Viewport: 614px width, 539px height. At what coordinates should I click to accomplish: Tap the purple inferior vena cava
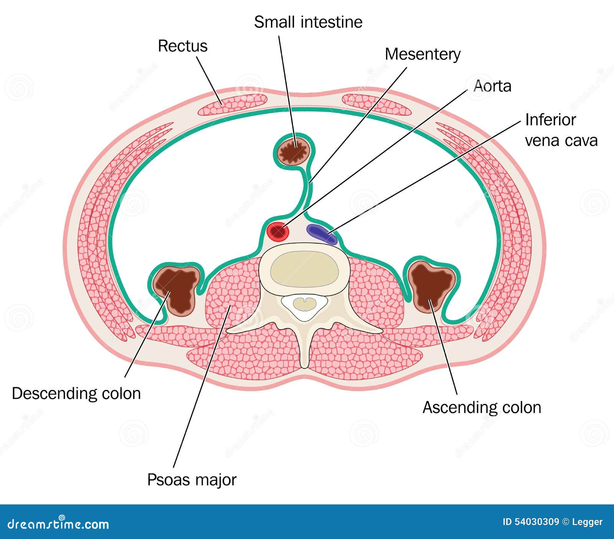point(322,234)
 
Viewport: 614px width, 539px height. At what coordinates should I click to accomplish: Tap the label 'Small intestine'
point(308,22)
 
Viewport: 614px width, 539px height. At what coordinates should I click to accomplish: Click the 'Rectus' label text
point(183,46)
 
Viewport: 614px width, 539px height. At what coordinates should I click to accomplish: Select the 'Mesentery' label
point(423,54)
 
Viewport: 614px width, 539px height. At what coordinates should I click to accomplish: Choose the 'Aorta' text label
point(492,86)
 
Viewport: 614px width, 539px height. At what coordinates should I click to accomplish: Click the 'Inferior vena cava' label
point(561,130)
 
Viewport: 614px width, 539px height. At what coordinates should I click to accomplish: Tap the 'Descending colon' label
point(76,393)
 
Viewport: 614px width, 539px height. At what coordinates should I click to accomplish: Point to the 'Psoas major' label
point(192,480)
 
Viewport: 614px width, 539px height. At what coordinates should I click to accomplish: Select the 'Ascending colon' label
point(482,407)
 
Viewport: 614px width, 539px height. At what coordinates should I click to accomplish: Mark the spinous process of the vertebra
point(304,350)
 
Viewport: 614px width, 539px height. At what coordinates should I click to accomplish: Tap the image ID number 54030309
point(536,522)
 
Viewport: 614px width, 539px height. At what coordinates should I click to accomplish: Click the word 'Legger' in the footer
point(588,522)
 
